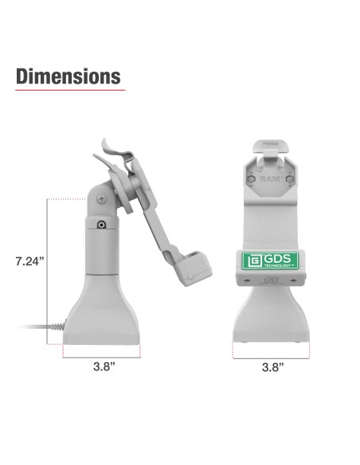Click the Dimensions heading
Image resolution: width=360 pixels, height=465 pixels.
[x=68, y=76]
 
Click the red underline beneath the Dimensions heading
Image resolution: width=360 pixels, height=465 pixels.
[x=71, y=90]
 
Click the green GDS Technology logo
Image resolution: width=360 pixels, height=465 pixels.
[x=271, y=261]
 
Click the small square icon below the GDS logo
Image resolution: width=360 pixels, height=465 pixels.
[x=271, y=280]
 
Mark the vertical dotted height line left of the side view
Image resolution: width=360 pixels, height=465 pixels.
[x=49, y=271]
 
